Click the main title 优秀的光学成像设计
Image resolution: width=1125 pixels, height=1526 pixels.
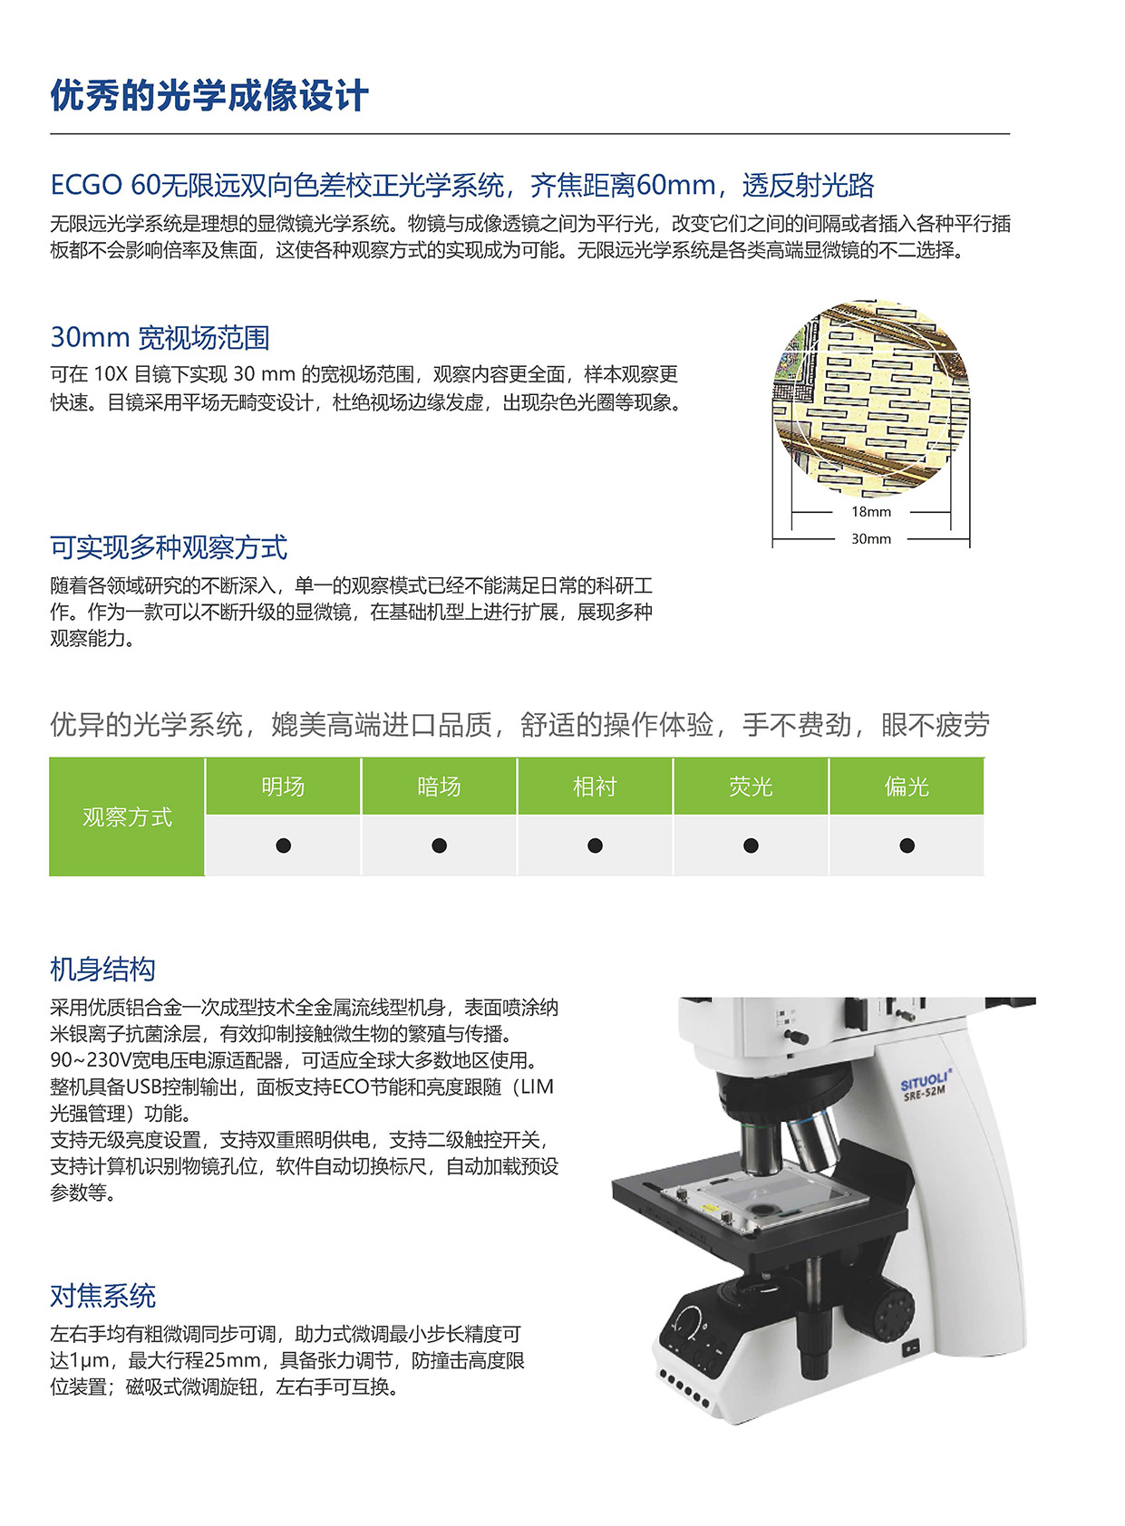click(209, 96)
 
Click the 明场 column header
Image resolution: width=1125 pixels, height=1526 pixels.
click(283, 787)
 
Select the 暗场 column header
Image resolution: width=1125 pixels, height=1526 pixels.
click(439, 787)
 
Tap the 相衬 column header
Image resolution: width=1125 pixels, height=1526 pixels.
click(595, 787)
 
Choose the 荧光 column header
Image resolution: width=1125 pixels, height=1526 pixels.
click(751, 787)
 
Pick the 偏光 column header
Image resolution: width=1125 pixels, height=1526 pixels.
click(907, 787)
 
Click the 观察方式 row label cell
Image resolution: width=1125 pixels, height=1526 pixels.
click(127, 817)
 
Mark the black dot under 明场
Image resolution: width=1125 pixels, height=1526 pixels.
click(284, 845)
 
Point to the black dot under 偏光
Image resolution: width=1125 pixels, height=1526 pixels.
click(907, 845)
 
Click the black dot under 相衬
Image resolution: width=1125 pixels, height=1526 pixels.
click(596, 845)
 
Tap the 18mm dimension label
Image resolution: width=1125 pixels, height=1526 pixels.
click(871, 512)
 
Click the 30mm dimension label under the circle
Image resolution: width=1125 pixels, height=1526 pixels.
click(871, 539)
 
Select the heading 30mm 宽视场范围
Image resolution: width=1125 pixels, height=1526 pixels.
click(160, 338)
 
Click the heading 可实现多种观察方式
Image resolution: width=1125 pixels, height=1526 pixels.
click(169, 547)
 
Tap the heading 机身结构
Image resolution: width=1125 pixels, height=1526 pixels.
click(102, 970)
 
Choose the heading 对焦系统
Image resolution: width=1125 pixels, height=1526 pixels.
click(102, 1296)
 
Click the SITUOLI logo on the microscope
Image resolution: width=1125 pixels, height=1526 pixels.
click(925, 1081)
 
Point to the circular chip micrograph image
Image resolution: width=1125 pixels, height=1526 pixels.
click(871, 399)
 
